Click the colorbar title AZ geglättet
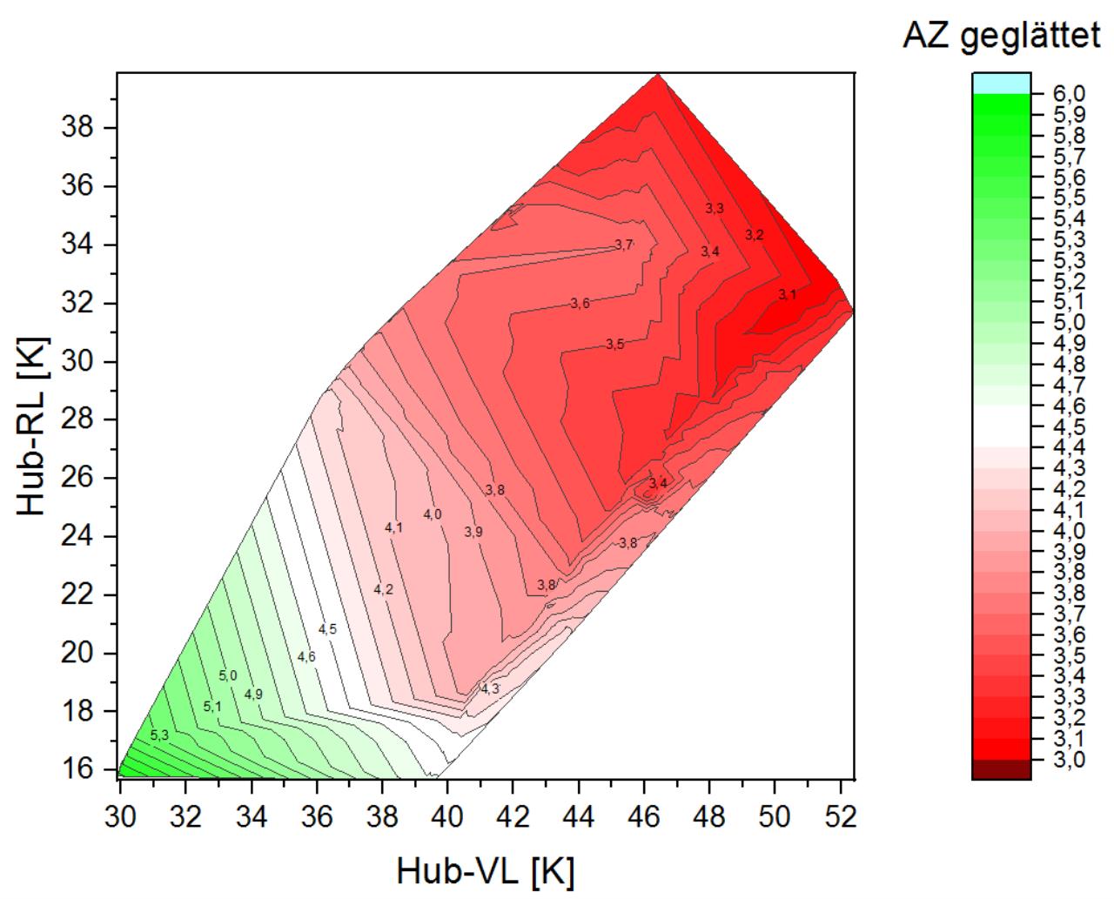1001,36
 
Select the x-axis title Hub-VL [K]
485,870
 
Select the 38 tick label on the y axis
80,128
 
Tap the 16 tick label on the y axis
80,769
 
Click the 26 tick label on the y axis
80,478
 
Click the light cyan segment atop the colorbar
1001,83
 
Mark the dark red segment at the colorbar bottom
1001,769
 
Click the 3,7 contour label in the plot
624,245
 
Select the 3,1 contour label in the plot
788,295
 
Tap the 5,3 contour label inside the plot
159,735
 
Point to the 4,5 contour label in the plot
327,629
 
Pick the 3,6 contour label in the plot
580,304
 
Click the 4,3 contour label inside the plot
490,689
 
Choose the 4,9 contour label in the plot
253,694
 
